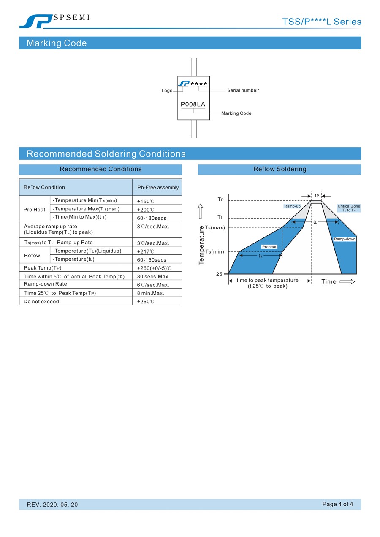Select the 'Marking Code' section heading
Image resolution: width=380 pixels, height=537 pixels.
(57, 43)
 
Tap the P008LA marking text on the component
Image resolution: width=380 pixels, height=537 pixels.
(193, 104)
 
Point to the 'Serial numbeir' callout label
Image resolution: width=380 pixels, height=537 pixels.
(243, 90)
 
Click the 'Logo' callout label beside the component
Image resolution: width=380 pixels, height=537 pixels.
(167, 91)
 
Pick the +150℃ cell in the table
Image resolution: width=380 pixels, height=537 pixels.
(146, 201)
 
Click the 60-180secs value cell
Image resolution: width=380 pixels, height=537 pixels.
(151, 218)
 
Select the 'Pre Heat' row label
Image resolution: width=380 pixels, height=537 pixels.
(34, 210)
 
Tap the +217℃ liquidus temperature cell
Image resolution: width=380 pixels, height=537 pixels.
(146, 251)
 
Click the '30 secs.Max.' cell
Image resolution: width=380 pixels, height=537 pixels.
(153, 277)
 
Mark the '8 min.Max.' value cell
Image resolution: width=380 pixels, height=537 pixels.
(150, 293)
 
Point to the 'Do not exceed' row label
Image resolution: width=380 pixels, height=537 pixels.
(41, 302)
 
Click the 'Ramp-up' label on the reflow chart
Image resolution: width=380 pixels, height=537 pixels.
(292, 206)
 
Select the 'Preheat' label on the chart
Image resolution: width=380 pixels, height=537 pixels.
(269, 247)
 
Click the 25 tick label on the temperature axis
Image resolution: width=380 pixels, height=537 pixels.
(219, 274)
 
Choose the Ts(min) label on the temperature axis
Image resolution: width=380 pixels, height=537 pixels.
(215, 252)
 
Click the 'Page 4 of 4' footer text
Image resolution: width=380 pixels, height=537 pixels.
(337, 504)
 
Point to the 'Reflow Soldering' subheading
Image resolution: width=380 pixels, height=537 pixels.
(280, 169)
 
